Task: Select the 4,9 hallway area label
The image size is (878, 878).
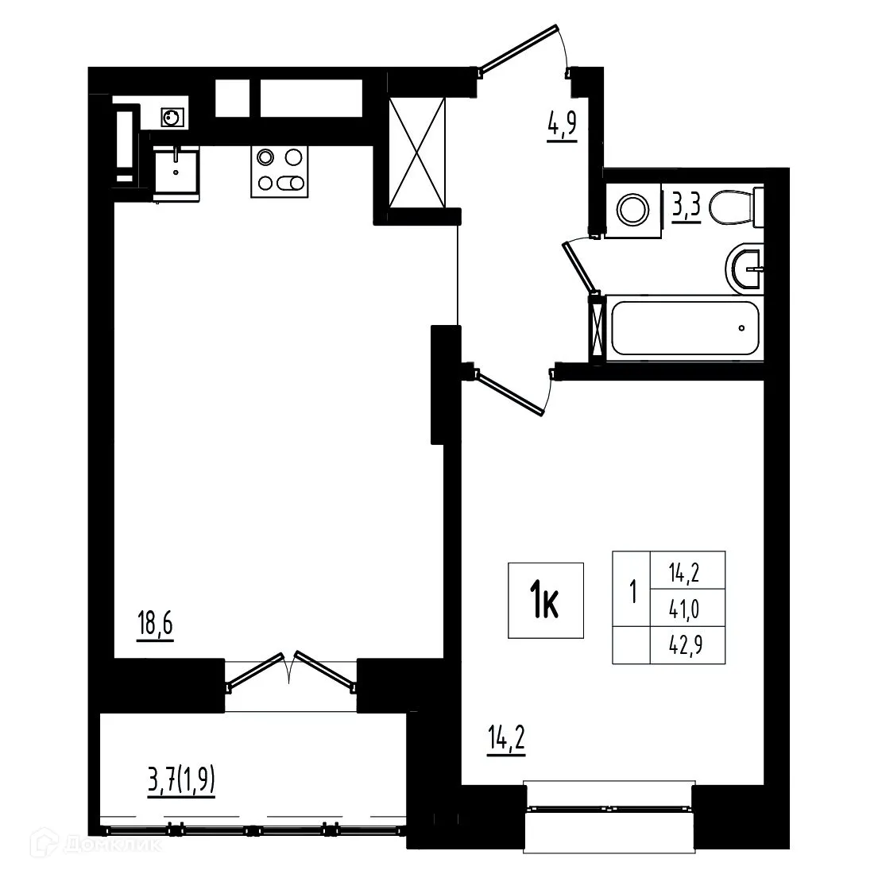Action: tap(561, 126)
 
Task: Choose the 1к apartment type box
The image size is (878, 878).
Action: tap(546, 600)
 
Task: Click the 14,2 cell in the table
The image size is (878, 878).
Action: tap(687, 570)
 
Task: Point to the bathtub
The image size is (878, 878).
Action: tap(684, 328)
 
